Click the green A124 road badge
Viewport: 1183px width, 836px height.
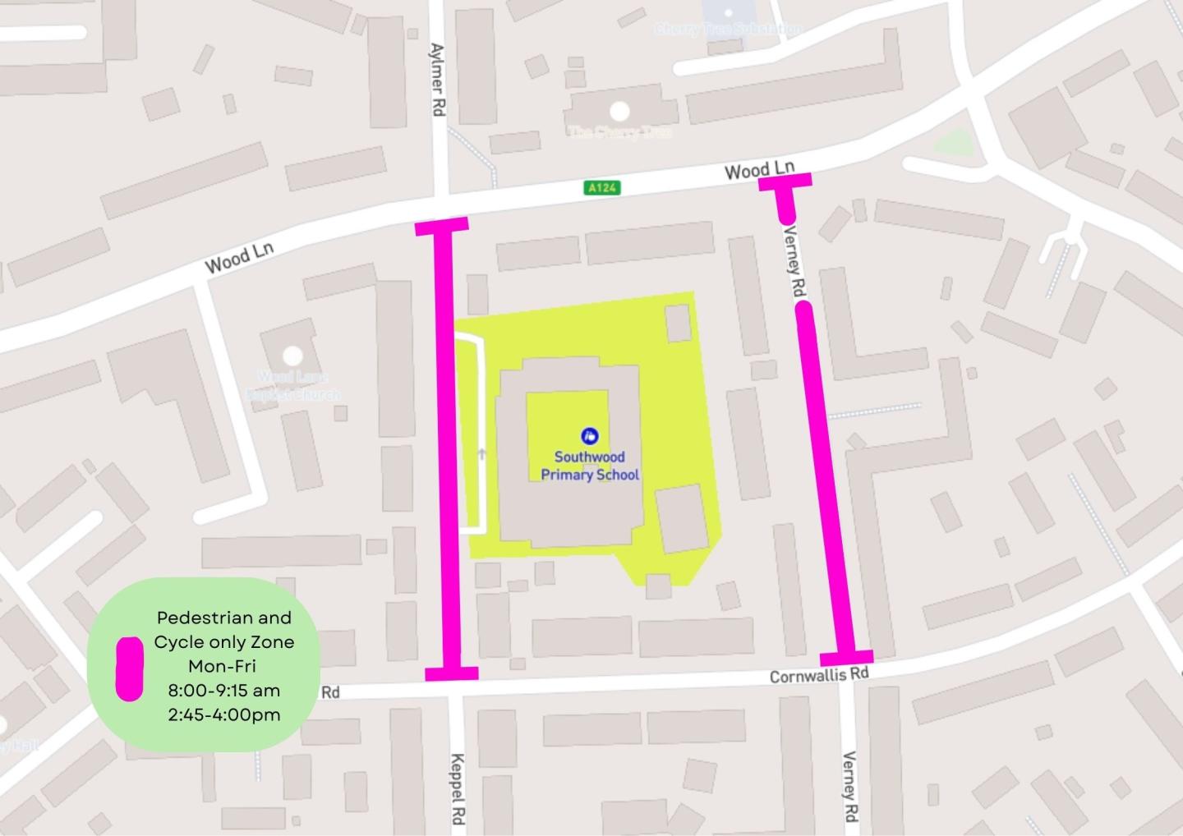pos(601,188)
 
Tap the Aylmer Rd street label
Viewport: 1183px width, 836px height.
pos(437,80)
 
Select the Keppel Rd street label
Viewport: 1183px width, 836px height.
pos(458,789)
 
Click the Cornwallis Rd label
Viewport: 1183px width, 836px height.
pos(818,674)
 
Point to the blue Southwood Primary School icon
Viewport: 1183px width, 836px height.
pos(589,435)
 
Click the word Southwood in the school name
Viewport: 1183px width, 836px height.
pos(589,457)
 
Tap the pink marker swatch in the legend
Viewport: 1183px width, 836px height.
pos(129,668)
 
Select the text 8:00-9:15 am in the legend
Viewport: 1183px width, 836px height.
pos(223,690)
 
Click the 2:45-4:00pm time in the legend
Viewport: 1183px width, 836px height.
pos(223,714)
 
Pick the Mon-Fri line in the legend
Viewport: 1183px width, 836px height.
pos(223,666)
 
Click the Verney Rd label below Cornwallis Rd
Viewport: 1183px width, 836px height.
pos(849,787)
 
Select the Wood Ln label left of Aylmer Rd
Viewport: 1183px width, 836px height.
pos(239,258)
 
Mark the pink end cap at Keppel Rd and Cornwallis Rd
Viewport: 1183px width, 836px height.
pos(451,673)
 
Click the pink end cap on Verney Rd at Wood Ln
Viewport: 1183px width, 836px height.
pos(785,181)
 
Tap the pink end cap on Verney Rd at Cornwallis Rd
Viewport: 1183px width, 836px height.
pos(846,657)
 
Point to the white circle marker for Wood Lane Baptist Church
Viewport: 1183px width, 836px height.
pos(292,356)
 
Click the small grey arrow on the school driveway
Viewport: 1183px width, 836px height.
pos(481,453)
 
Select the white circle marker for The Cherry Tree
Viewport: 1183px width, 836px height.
pos(619,111)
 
